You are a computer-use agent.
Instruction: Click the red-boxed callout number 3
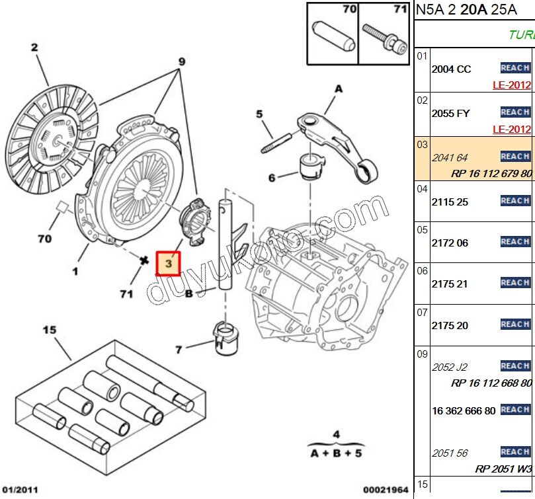point(168,262)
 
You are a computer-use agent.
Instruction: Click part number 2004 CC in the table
point(451,69)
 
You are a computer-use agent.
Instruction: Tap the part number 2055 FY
point(450,113)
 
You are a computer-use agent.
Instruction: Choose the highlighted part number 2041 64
point(450,157)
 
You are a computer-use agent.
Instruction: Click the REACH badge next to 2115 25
point(514,201)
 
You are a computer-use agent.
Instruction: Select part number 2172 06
point(450,243)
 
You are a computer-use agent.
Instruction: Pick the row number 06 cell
point(422,271)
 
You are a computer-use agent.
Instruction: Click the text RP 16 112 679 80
point(491,174)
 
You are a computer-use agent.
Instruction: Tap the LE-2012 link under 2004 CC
point(512,85)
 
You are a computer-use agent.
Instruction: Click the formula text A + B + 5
point(336,453)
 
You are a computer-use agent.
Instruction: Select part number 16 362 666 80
point(463,410)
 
